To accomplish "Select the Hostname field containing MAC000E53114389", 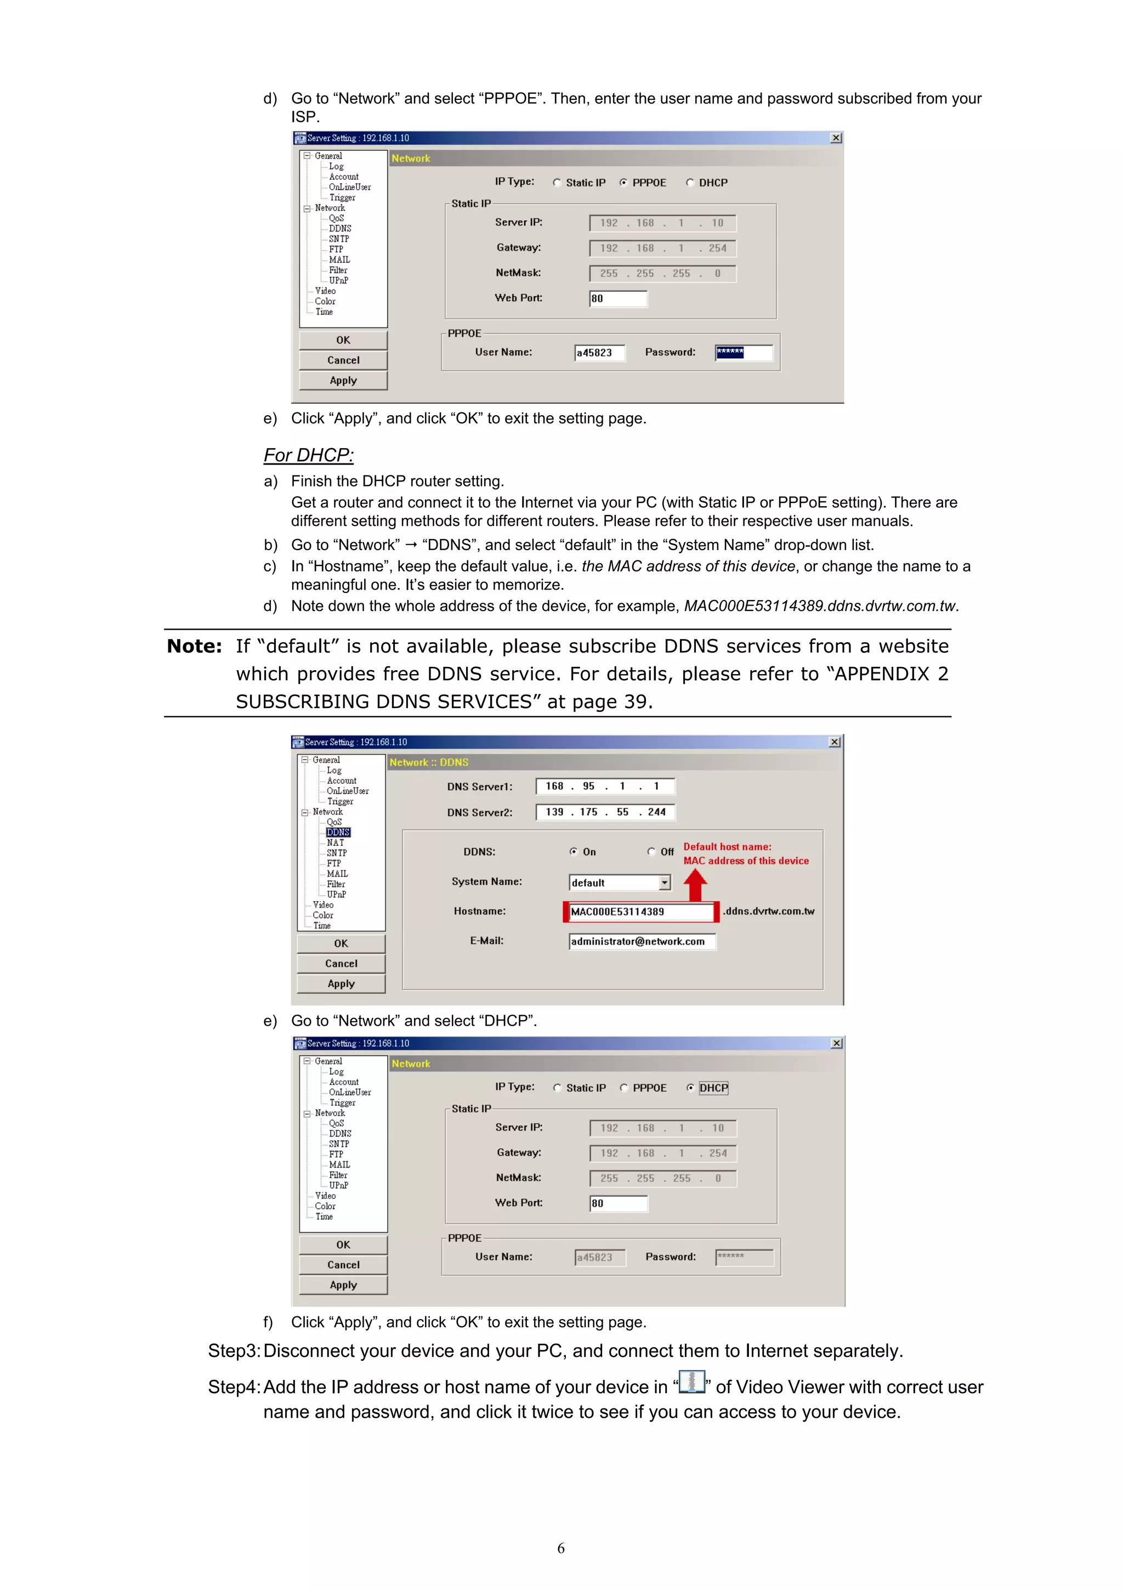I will (x=640, y=912).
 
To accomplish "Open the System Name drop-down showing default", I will (x=665, y=882).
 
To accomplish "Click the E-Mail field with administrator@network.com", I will (x=641, y=941).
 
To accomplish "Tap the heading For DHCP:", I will (x=308, y=455).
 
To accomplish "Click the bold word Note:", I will (x=195, y=646).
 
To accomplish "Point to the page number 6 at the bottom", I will (x=561, y=1548).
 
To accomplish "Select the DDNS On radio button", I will (x=573, y=851).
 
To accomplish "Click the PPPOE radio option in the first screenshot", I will (x=624, y=183).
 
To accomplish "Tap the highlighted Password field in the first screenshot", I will (x=744, y=353).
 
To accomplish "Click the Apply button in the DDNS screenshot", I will (x=341, y=983).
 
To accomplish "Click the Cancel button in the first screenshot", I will (x=343, y=360).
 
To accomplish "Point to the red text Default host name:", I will (x=727, y=846).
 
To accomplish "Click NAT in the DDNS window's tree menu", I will (x=335, y=843).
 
